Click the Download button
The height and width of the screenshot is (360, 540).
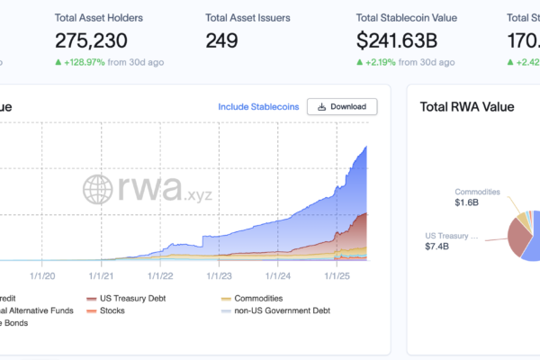[x=342, y=106]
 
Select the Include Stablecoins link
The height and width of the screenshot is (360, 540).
[x=257, y=106]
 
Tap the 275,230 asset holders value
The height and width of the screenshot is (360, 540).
[x=91, y=40]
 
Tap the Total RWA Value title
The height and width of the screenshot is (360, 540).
[x=467, y=106]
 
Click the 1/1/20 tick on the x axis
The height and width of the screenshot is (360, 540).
[x=42, y=276]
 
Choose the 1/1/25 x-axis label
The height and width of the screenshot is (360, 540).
[x=337, y=276]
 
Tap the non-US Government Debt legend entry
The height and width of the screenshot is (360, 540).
[x=275, y=310]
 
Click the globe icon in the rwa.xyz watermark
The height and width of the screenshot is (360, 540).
[x=99, y=189]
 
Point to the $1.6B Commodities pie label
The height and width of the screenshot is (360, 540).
[x=466, y=202]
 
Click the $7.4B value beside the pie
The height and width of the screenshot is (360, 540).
[x=438, y=246]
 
